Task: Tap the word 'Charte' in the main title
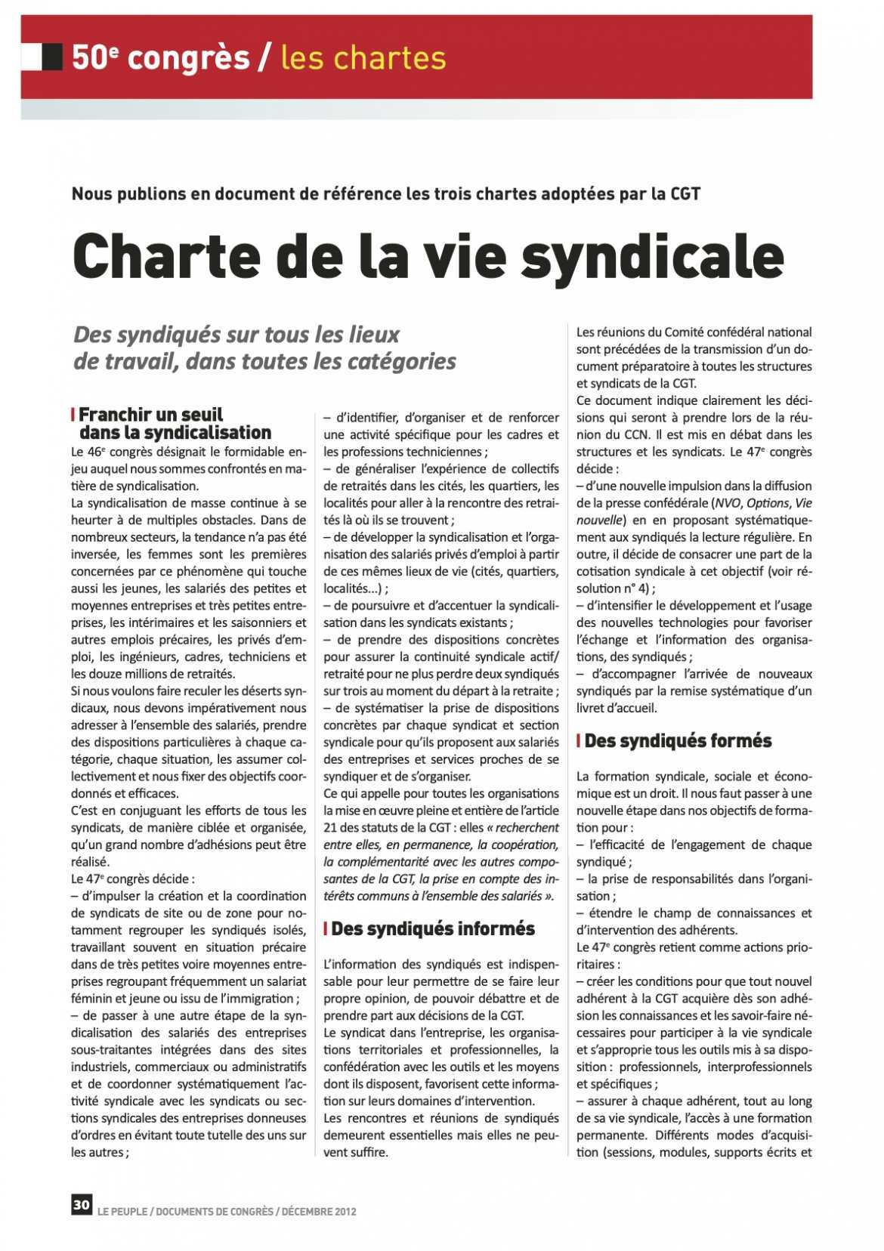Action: coord(166,256)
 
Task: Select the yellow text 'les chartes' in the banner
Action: coord(363,57)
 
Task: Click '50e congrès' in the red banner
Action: coord(160,57)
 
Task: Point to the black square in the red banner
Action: coord(52,56)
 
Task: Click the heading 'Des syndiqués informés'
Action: coord(432,928)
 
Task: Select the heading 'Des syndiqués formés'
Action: coord(678,740)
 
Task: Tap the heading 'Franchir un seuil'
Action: coord(151,414)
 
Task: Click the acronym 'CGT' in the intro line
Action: coord(685,193)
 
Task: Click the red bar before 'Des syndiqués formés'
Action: coord(578,741)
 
